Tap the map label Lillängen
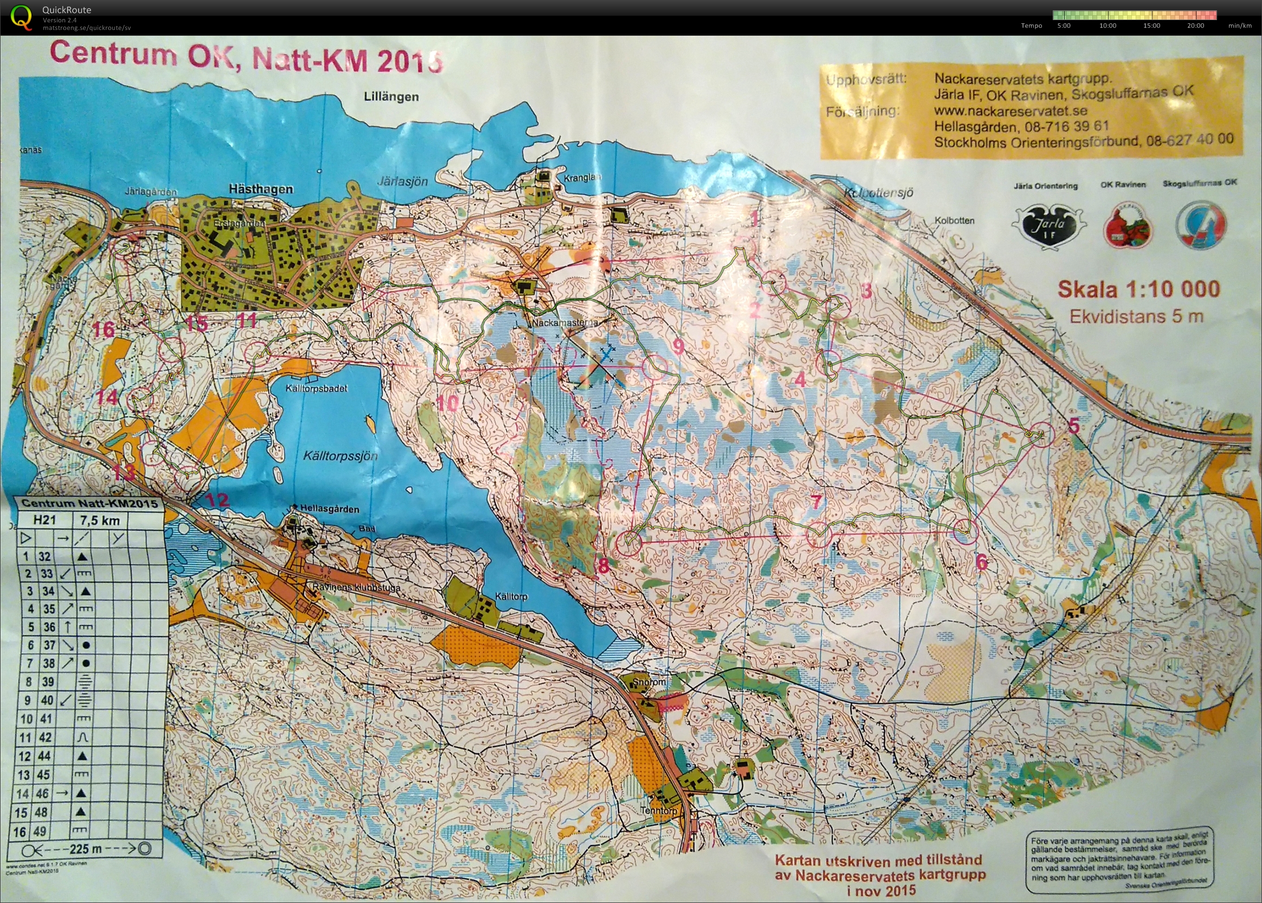391,97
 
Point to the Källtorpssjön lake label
340,456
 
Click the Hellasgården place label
330,508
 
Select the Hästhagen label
261,189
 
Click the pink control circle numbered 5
1042,434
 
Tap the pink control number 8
603,566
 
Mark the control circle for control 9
654,368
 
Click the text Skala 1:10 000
1138,289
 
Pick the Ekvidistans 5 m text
1136,316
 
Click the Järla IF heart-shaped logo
1048,226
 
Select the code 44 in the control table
44,755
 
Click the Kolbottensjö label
878,193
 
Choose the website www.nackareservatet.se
1010,111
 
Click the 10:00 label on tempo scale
1108,25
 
